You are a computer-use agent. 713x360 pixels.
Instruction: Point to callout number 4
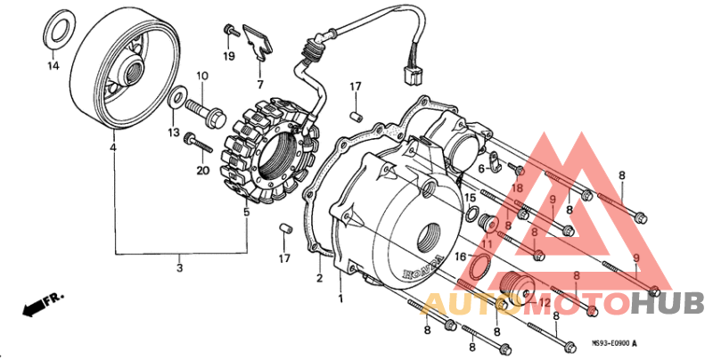[112, 147]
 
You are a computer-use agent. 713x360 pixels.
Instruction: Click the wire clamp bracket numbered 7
[259, 41]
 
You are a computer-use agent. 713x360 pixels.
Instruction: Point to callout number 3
[179, 267]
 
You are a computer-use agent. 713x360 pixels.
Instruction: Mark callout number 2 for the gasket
[319, 279]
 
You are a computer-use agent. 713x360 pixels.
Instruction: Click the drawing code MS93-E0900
[616, 343]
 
